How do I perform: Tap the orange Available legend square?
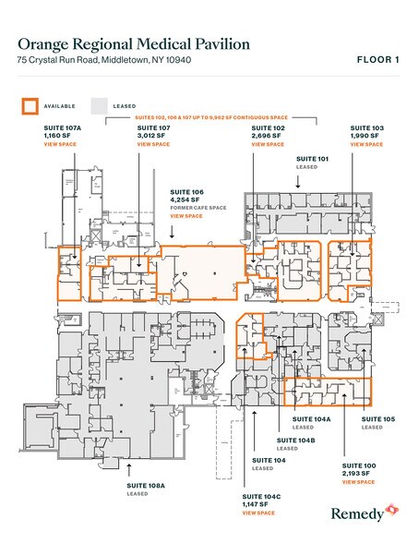30,106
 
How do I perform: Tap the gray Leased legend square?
99,106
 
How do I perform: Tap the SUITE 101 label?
312,160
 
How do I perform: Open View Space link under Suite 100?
358,482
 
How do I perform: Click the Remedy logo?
361,510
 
